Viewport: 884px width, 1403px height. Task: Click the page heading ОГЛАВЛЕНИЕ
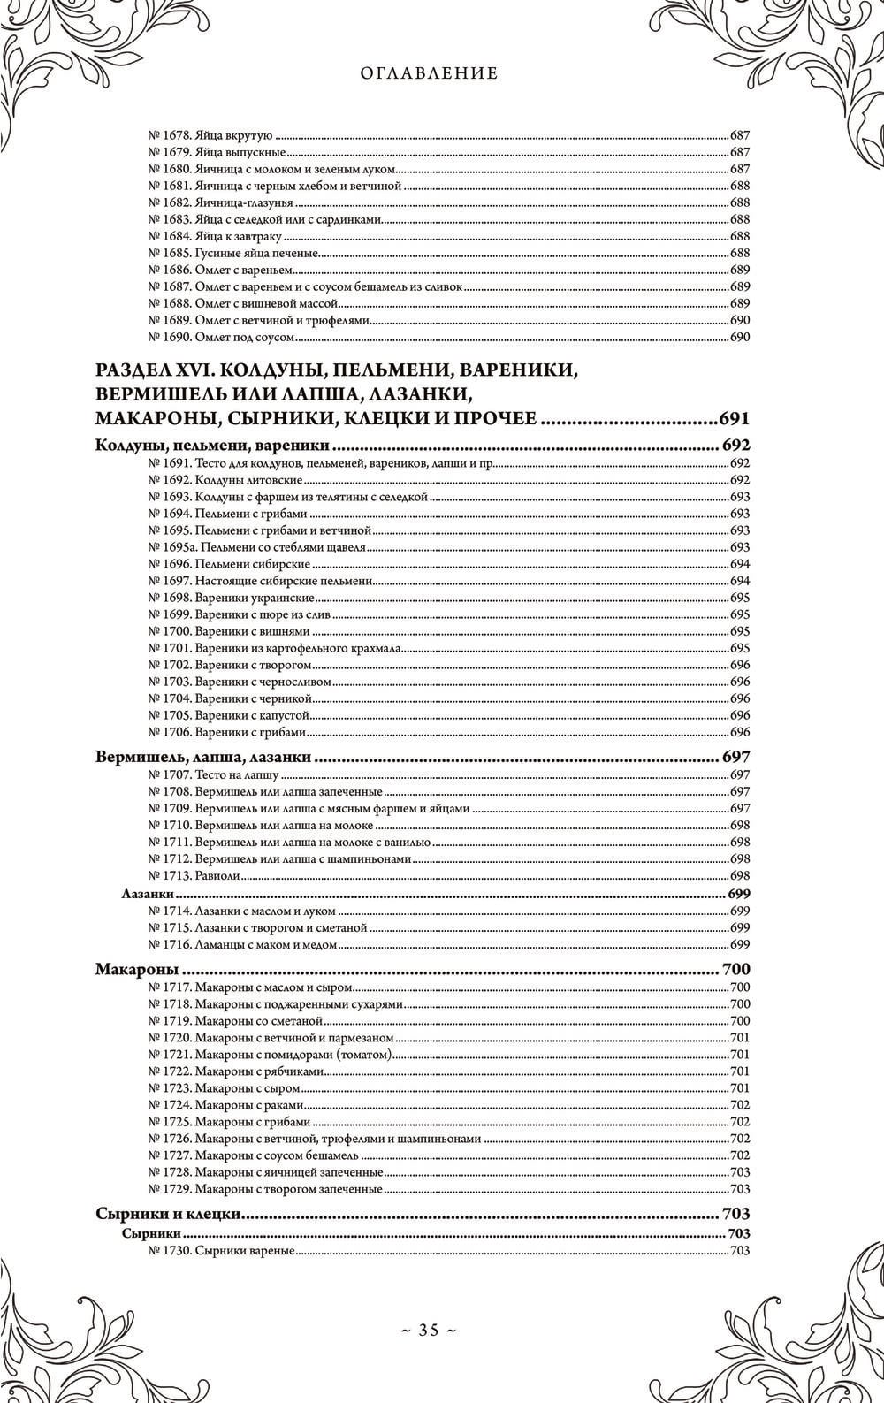(430, 73)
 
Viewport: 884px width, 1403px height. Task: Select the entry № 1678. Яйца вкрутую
(209, 136)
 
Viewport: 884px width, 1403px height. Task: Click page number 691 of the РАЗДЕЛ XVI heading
(734, 418)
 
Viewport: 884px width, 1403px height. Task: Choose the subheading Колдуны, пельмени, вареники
(211, 445)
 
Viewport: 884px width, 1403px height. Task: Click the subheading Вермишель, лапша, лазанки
(205, 757)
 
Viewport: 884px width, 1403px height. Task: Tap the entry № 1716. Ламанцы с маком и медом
(241, 945)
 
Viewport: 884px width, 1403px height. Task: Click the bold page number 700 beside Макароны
(735, 970)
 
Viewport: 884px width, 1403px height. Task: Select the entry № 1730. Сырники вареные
(220, 1250)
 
